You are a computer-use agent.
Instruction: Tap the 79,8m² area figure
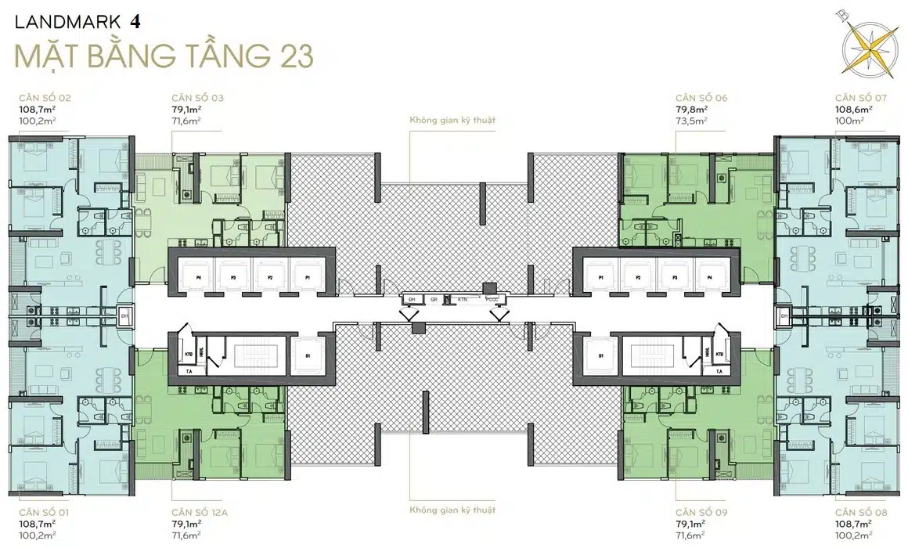692,110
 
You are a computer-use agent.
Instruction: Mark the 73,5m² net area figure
691,121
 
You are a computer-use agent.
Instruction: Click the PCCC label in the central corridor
492,299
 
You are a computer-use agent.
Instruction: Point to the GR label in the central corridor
432,299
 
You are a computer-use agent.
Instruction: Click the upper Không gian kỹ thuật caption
454,121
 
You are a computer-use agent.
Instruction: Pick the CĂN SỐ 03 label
197,99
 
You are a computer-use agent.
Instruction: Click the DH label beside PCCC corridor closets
410,299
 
